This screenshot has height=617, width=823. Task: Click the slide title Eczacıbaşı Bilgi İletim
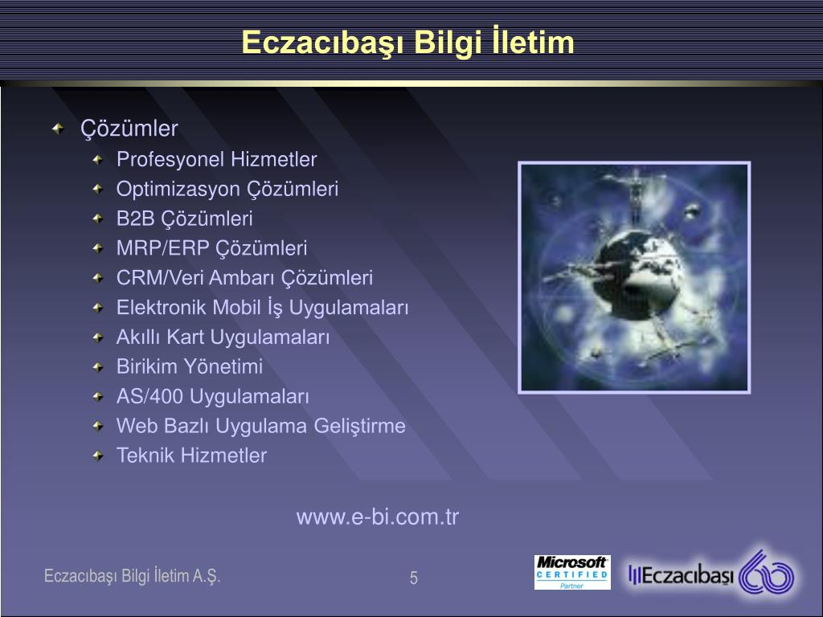[x=407, y=43]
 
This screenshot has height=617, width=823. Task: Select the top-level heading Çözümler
[x=129, y=129]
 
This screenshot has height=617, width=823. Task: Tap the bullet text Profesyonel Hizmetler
[x=217, y=160]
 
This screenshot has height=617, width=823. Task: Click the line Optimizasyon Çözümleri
[x=227, y=190]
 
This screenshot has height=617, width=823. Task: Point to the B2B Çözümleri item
[x=185, y=219]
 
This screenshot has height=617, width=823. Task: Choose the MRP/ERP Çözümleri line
[x=212, y=248]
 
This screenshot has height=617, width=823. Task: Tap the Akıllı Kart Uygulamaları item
[x=223, y=337]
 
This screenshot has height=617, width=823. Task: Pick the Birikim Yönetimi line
[x=190, y=366]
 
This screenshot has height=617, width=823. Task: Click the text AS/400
[x=149, y=397]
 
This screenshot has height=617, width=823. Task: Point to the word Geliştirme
[x=359, y=426]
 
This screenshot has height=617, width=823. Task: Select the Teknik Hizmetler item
[x=191, y=456]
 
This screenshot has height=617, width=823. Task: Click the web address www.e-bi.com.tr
[x=378, y=517]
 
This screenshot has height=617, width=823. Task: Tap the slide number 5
[x=414, y=578]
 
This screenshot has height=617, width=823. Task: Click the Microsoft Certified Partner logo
[x=572, y=572]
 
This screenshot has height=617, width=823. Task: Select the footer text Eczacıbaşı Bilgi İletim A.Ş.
[x=133, y=576]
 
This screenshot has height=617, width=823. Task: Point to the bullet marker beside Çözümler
[x=58, y=129]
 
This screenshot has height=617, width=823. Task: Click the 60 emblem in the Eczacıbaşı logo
[x=767, y=573]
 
